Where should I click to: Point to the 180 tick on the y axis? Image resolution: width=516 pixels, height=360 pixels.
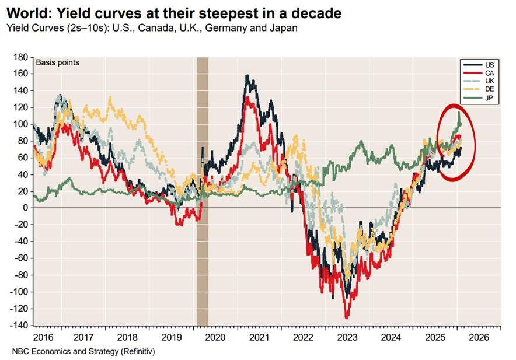(21, 57)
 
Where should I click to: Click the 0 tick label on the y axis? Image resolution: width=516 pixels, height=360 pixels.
(26, 208)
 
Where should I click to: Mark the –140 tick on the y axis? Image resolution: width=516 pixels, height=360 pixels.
(19, 326)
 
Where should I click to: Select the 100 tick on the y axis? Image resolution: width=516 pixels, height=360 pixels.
(21, 124)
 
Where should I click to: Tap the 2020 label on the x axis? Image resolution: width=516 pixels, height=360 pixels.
(215, 338)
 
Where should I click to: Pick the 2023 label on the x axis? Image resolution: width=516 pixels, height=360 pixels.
(347, 338)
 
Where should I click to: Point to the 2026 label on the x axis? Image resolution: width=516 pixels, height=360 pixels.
(478, 338)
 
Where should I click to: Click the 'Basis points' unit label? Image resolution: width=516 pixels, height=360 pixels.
(58, 63)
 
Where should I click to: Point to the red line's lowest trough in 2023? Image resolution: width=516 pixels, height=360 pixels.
(347, 317)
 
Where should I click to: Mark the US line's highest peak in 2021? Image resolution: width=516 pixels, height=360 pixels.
(247, 76)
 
